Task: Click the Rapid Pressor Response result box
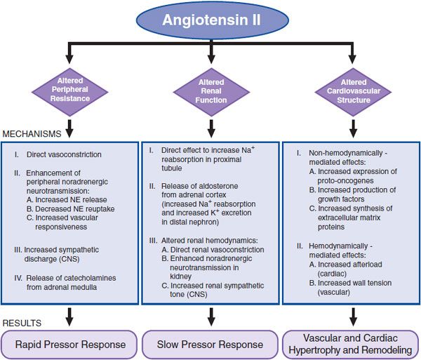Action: (x=70, y=344)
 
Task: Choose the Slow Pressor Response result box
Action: (x=210, y=344)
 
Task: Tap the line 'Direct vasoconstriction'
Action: (x=64, y=154)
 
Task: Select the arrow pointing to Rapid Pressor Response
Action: (x=70, y=318)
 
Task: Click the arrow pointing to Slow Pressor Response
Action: (x=210, y=318)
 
